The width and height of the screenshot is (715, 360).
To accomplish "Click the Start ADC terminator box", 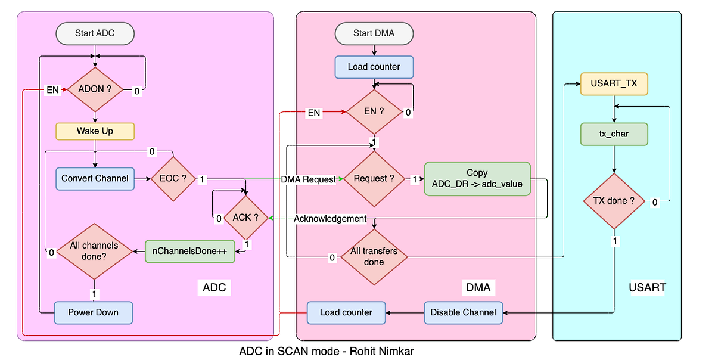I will click(x=95, y=33).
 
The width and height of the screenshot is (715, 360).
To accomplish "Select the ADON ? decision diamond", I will click(x=95, y=90).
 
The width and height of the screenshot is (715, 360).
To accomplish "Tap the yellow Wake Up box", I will click(x=95, y=131).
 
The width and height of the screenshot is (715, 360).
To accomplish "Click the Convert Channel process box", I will click(x=95, y=178).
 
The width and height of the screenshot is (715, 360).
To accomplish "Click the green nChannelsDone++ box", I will click(x=189, y=252).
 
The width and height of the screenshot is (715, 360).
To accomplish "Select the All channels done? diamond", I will click(x=95, y=251).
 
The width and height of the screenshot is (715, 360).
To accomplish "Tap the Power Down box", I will click(x=94, y=312).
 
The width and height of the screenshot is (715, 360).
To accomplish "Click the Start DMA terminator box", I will click(x=374, y=33).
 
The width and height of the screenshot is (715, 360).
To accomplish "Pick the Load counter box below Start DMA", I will click(x=374, y=67).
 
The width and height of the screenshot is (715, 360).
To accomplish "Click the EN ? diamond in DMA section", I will click(x=374, y=111).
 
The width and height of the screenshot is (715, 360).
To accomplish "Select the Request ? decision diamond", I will click(x=374, y=178).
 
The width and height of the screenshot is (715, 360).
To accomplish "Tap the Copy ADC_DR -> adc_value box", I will click(x=477, y=178).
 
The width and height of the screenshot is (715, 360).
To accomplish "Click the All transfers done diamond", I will click(x=374, y=257).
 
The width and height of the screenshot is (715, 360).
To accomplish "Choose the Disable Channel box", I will click(x=463, y=312).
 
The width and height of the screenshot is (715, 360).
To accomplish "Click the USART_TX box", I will click(x=614, y=83).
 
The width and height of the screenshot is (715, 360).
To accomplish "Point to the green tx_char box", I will click(x=614, y=134).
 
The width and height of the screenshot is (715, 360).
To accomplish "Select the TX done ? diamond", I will click(x=614, y=201).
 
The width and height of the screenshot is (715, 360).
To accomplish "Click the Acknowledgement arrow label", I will click(x=330, y=219).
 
